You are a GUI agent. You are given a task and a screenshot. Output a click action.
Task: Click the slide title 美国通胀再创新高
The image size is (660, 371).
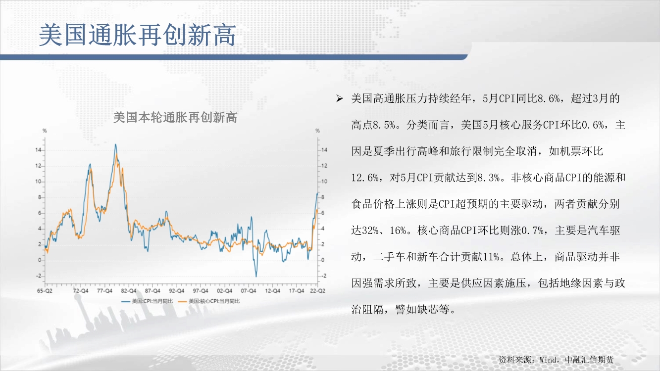tap(137, 35)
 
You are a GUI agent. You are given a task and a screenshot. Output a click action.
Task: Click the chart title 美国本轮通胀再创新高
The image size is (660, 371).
tap(175, 118)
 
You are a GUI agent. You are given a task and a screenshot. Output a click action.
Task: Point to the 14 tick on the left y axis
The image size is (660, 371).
tap(38, 150)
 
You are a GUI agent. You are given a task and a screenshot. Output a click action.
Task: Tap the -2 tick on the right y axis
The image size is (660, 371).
tap(323, 276)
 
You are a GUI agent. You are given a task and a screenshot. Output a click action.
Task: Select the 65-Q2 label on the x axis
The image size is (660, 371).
tap(45, 291)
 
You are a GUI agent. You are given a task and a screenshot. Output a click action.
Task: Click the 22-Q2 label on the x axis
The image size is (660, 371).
tap(318, 291)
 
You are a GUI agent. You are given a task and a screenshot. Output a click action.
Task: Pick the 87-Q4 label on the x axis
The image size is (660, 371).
tap(152, 291)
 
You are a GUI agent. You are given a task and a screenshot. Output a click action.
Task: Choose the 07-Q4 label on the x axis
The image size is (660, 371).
tap(249, 291)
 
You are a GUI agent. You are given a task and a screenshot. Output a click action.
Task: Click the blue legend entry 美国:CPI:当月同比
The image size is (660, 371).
tap(148, 301)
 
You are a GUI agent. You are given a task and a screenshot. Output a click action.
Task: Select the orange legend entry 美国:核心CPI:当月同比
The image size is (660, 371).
tap(209, 301)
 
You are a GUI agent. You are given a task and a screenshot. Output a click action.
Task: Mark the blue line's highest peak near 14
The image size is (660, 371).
tap(115, 144)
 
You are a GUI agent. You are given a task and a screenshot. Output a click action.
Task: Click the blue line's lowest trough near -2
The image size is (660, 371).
tap(256, 276)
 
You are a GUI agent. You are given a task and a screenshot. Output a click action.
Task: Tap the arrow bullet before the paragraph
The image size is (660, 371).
tap(340, 98)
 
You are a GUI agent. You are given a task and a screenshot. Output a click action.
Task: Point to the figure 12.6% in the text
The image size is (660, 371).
tap(365, 178)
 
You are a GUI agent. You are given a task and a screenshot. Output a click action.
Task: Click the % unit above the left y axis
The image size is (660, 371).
tap(45, 131)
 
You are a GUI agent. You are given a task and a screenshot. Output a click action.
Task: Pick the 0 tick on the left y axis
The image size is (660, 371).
tap(40, 260)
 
